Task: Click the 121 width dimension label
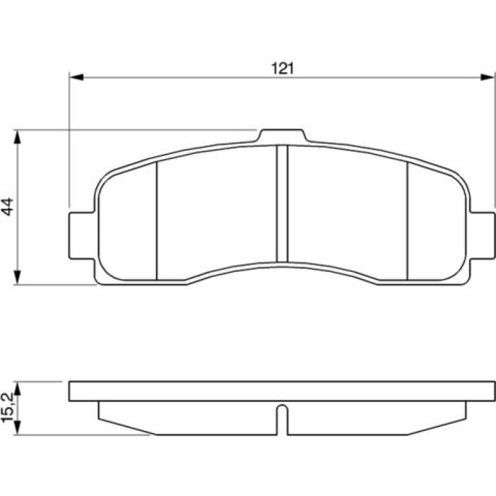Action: tap(283, 68)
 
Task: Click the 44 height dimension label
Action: tap(7, 207)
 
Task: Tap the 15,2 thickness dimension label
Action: tap(7, 408)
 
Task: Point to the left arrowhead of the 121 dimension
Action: tap(76, 77)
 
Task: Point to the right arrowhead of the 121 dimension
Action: tap(487, 77)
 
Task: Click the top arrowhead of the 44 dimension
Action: tap(17, 137)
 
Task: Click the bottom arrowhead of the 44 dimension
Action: tap(17, 278)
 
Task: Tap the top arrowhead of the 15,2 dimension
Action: tap(17, 388)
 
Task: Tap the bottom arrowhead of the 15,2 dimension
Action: tap(17, 428)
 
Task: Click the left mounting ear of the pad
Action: tap(82, 236)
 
